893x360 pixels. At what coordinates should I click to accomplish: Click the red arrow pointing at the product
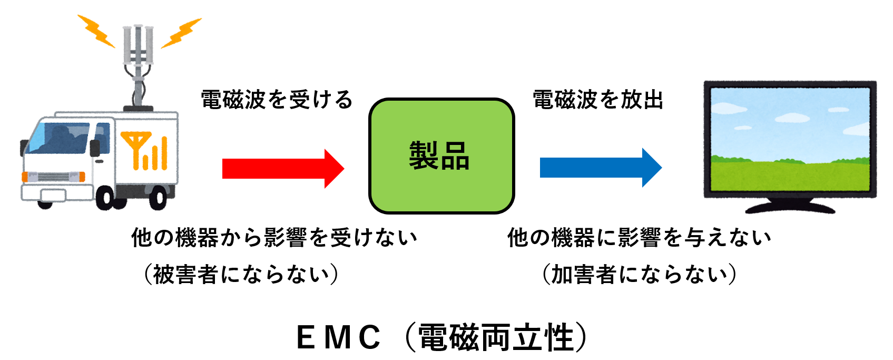282,169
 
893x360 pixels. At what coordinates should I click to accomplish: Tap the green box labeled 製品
441,155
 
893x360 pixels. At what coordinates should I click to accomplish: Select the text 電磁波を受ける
277,100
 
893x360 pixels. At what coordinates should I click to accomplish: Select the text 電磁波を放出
597,100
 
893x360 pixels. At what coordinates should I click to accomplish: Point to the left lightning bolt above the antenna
97,31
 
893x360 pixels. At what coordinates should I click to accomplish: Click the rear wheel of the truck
158,198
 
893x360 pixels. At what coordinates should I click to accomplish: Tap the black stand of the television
790,205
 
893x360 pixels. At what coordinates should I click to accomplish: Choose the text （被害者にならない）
241,275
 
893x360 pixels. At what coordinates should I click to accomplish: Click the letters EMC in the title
338,337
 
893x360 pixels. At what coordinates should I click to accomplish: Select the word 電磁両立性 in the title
496,337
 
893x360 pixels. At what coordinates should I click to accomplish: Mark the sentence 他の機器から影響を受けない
274,238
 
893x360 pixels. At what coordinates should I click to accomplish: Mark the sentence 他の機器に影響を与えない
639,238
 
